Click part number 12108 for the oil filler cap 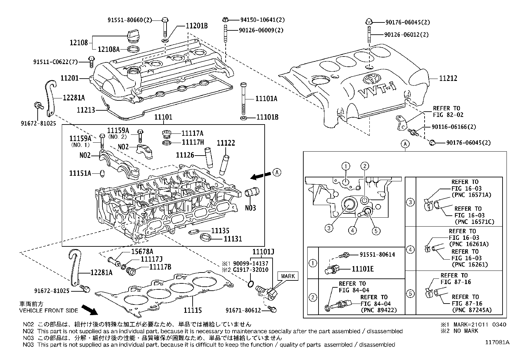point(79,42)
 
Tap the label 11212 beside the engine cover point(448,78)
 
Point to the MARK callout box point(287,276)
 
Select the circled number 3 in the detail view point(329,228)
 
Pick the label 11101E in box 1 point(362,269)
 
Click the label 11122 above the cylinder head point(226,143)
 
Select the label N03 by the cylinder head point(250,208)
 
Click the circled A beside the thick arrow point(277,172)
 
